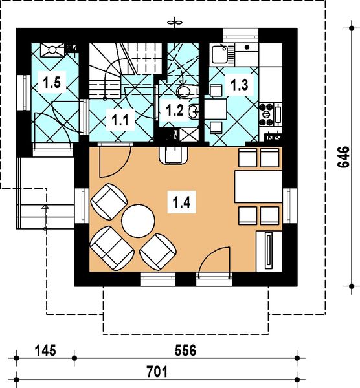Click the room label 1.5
(52, 82)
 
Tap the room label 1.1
(120, 120)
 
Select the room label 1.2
(175, 110)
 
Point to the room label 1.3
(240, 85)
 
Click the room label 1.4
(181, 202)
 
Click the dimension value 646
(344, 157)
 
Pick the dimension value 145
(45, 350)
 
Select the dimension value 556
(185, 350)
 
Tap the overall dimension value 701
(157, 372)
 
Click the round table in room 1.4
(138, 221)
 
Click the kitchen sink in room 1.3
(219, 54)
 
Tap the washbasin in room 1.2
(194, 112)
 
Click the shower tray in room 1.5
(52, 50)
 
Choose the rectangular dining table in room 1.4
(258, 187)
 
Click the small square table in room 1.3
(216, 109)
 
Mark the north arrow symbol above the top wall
(175, 23)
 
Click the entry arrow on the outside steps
(45, 217)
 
